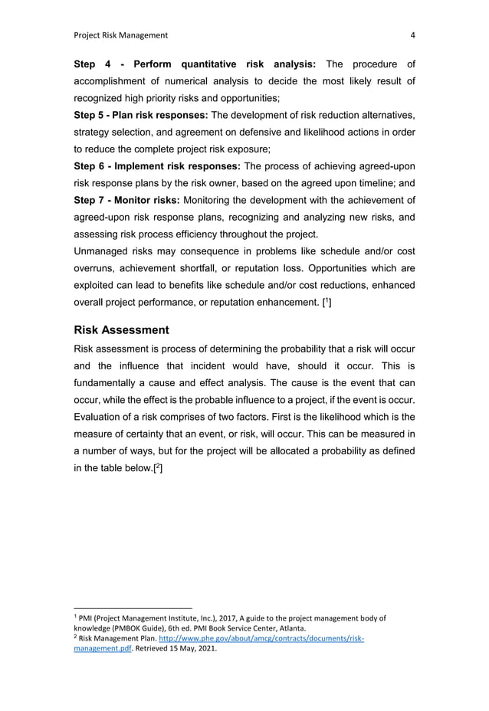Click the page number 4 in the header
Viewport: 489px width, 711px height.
(412, 34)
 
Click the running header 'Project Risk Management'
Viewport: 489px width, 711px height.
(120, 34)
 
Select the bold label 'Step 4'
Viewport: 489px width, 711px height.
(94, 64)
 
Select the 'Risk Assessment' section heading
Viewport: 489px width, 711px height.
(121, 330)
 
